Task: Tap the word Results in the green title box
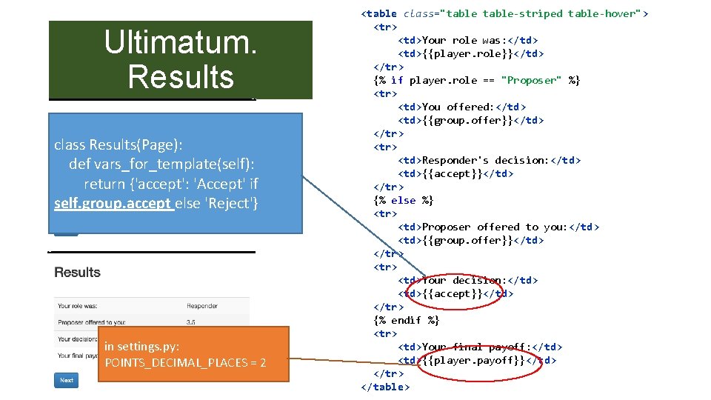pyautogui.click(x=181, y=76)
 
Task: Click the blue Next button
pyautogui.click(x=66, y=380)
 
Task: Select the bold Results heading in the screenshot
pyautogui.click(x=77, y=273)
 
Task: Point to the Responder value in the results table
pyautogui.click(x=202, y=305)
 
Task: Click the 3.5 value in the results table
pyautogui.click(x=192, y=322)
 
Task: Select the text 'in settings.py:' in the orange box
pyautogui.click(x=141, y=346)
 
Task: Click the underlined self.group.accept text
pyautogui.click(x=113, y=203)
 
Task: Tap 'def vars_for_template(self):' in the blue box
pyautogui.click(x=164, y=164)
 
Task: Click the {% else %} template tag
pyautogui.click(x=404, y=200)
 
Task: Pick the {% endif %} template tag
pyautogui.click(x=407, y=320)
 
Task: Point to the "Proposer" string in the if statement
pyautogui.click(x=531, y=80)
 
